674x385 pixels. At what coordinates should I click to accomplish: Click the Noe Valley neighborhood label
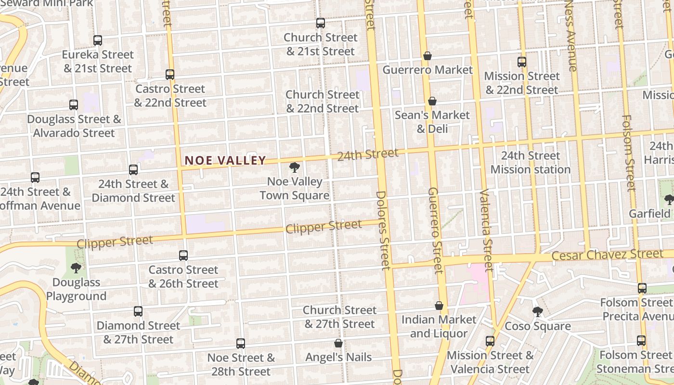point(225,160)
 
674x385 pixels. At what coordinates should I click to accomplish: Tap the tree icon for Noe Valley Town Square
point(294,167)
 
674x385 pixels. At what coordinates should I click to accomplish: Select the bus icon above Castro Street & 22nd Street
point(170,75)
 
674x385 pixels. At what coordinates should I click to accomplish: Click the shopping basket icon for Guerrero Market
point(427,56)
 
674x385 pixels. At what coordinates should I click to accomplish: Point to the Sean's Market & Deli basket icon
point(432,101)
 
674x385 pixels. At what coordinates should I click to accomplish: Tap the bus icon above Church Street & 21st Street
point(320,23)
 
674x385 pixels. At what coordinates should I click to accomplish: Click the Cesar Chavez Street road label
point(607,255)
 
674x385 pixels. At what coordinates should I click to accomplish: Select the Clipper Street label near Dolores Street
point(324,227)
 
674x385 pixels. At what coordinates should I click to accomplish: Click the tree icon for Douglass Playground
point(76,268)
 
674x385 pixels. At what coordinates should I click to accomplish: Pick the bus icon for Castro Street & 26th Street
point(183,256)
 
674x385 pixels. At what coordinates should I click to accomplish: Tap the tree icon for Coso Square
point(538,312)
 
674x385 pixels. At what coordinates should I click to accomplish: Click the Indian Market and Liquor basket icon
point(439,306)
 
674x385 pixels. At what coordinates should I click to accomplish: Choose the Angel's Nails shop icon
point(338,343)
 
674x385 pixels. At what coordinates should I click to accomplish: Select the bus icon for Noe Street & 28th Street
point(241,344)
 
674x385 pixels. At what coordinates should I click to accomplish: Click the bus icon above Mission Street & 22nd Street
point(522,62)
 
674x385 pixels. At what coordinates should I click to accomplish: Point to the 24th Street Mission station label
point(531,163)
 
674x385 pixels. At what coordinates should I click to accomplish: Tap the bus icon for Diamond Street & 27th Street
point(138,311)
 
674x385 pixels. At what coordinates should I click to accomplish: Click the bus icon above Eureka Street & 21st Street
point(98,40)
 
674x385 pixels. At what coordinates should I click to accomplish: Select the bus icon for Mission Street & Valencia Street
point(490,341)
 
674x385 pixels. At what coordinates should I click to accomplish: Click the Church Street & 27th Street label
point(339,317)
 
